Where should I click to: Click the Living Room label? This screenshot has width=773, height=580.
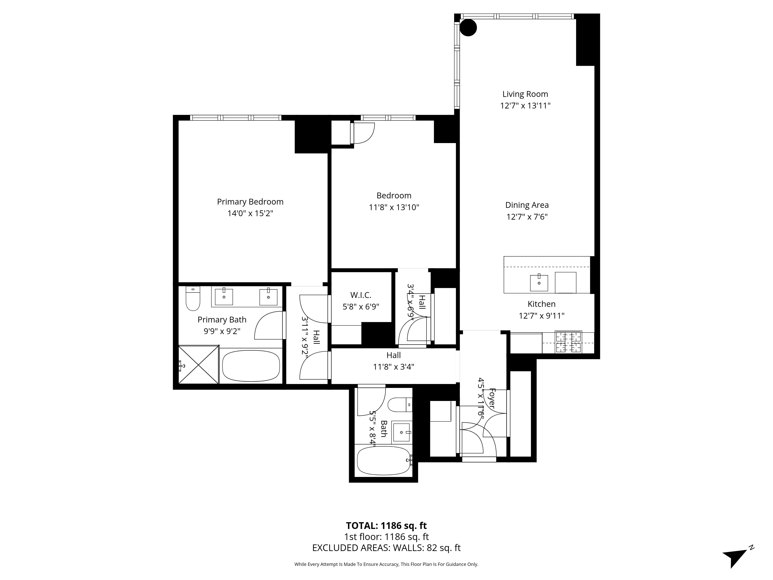point(525,94)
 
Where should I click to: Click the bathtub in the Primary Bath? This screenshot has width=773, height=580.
point(251,366)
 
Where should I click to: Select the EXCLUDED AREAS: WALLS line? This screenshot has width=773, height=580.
point(386,548)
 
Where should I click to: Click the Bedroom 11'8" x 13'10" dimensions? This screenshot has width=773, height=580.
point(394,207)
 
